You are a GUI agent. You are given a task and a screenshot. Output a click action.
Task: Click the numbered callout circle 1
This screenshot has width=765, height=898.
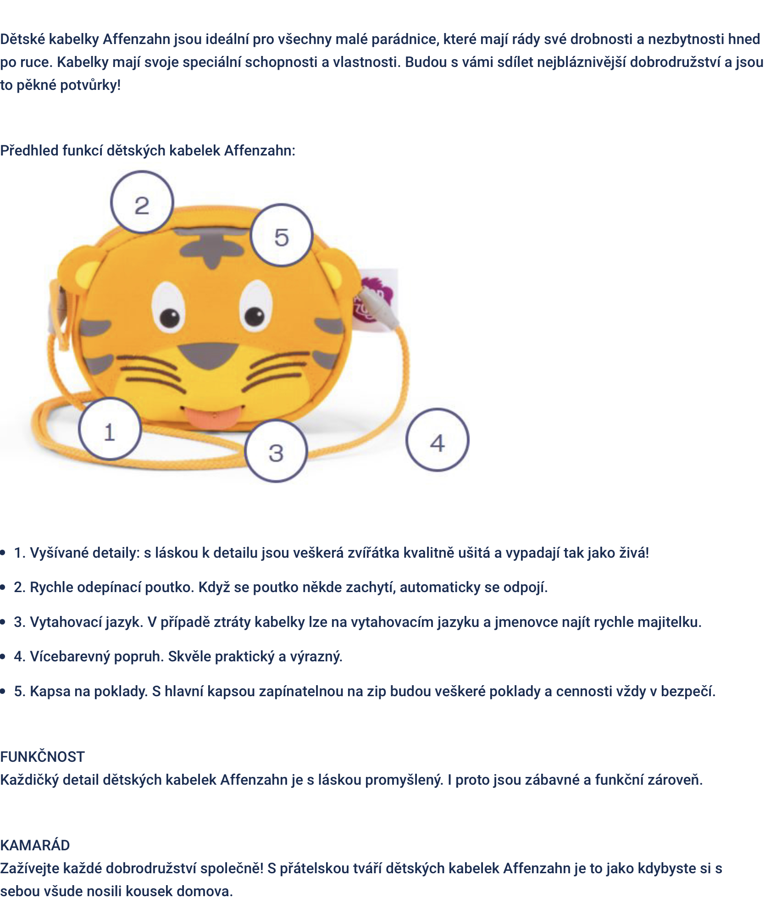click(110, 429)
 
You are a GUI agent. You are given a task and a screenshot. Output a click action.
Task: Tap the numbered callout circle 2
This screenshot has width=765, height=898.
click(142, 203)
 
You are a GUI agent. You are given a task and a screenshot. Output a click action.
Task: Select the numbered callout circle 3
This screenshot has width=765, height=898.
click(276, 451)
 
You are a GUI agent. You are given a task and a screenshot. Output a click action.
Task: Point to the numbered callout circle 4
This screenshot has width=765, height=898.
click(438, 440)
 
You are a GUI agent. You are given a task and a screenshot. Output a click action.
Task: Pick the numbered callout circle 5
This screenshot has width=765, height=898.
click(282, 236)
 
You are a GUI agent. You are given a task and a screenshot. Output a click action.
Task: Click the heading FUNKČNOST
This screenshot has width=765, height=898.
click(42, 757)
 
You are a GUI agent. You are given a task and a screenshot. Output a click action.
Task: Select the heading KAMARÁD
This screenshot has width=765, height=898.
click(35, 845)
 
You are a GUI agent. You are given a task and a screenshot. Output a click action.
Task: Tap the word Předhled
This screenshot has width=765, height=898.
click(29, 150)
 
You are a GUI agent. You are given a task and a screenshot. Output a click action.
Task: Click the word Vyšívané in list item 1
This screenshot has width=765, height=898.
click(59, 553)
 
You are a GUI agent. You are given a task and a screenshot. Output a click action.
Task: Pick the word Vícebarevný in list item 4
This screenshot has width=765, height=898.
click(70, 656)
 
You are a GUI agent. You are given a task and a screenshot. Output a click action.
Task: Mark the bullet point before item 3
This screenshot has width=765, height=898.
click(3, 622)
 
